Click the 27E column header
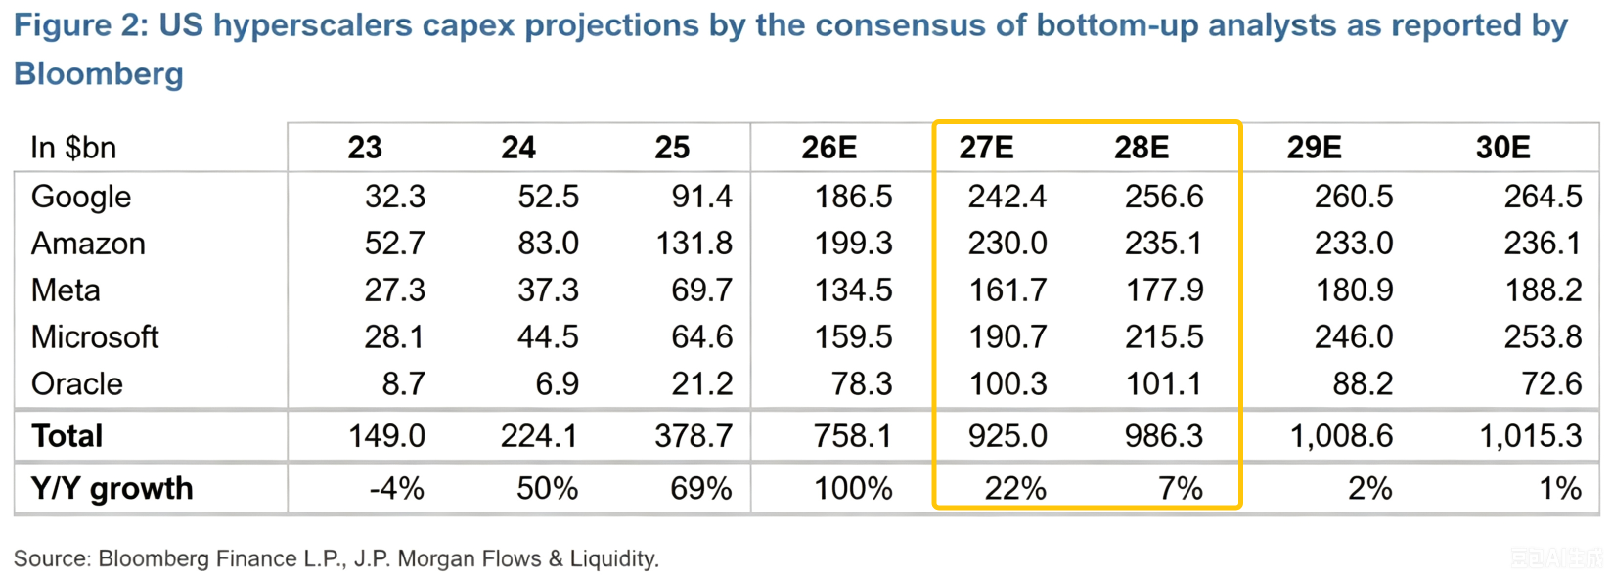click(986, 148)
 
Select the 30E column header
click(1502, 148)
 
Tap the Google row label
click(81, 198)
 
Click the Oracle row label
click(77, 384)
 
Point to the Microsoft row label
click(94, 337)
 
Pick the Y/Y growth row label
click(112, 488)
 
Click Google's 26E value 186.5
click(854, 198)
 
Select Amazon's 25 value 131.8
click(694, 244)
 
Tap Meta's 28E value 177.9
click(1164, 290)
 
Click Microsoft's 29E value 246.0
click(1354, 337)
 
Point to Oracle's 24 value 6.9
click(557, 384)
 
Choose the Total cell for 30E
click(1531, 436)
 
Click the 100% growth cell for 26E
click(854, 489)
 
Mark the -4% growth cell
click(396, 489)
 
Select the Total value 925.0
click(1007, 436)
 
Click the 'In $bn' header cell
click(73, 148)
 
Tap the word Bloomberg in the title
click(99, 74)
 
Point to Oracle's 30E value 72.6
click(1551, 384)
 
